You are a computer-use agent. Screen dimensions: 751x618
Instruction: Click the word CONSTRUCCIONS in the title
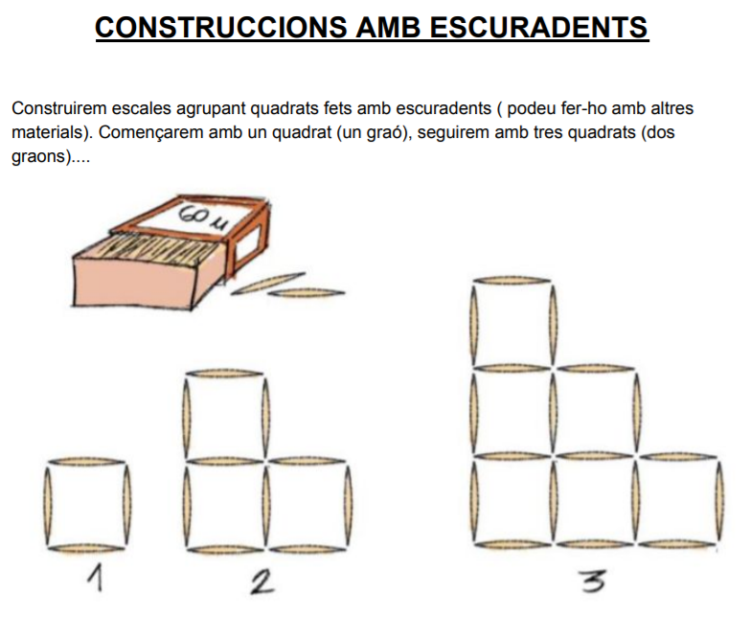[220, 27]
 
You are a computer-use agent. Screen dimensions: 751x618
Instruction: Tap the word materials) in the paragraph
[52, 132]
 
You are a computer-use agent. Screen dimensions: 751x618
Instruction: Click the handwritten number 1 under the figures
[96, 577]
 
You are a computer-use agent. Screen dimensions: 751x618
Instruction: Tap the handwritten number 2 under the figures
[262, 581]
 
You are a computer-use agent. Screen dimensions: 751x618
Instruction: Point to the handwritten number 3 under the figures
[593, 581]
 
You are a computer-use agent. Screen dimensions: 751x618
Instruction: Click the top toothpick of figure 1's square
[86, 461]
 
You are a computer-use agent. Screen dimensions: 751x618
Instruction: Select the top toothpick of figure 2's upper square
[224, 373]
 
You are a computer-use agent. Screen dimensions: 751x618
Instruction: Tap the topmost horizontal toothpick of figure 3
[512, 280]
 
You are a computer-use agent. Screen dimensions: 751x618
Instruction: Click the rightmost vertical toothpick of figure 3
[720, 500]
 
